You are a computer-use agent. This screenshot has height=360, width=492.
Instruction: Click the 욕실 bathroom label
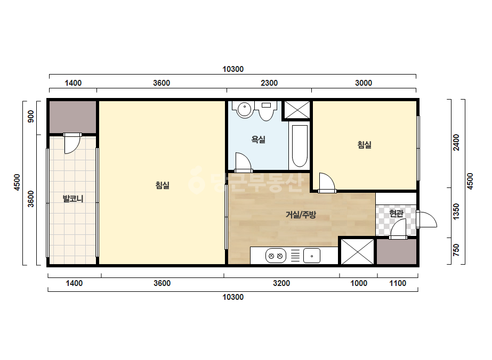[x=258, y=139]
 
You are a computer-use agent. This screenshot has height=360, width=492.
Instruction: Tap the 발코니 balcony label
[x=73, y=199]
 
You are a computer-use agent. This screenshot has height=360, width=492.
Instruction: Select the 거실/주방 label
[x=301, y=215]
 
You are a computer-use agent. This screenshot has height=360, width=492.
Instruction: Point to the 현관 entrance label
[x=396, y=214]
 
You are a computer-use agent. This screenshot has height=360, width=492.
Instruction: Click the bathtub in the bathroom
[x=300, y=146]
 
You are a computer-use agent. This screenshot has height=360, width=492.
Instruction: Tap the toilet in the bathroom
[x=266, y=111]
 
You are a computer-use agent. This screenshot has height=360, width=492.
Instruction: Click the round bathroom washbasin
[x=244, y=110]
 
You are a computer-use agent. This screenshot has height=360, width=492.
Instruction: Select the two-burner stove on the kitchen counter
[x=276, y=256]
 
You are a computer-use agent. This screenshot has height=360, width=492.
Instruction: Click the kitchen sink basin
[x=312, y=256]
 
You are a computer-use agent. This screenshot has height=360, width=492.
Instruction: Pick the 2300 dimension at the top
[x=269, y=83]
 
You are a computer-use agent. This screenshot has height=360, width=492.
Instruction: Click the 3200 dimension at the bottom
[x=281, y=283]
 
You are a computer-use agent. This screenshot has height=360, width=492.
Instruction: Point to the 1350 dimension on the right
[x=456, y=211]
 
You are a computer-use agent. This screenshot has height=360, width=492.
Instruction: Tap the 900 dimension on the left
[x=31, y=117]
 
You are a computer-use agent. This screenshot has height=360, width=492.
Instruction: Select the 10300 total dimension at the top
[x=233, y=69]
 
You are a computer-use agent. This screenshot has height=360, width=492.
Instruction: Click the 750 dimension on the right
[x=456, y=250]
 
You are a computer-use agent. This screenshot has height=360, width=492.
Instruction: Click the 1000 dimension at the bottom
[x=359, y=283]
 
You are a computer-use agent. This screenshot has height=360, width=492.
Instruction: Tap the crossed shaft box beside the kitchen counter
[x=357, y=252]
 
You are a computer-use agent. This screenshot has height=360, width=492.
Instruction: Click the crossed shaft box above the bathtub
[x=296, y=110]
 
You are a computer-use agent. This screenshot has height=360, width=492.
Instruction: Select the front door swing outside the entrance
[x=428, y=219]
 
